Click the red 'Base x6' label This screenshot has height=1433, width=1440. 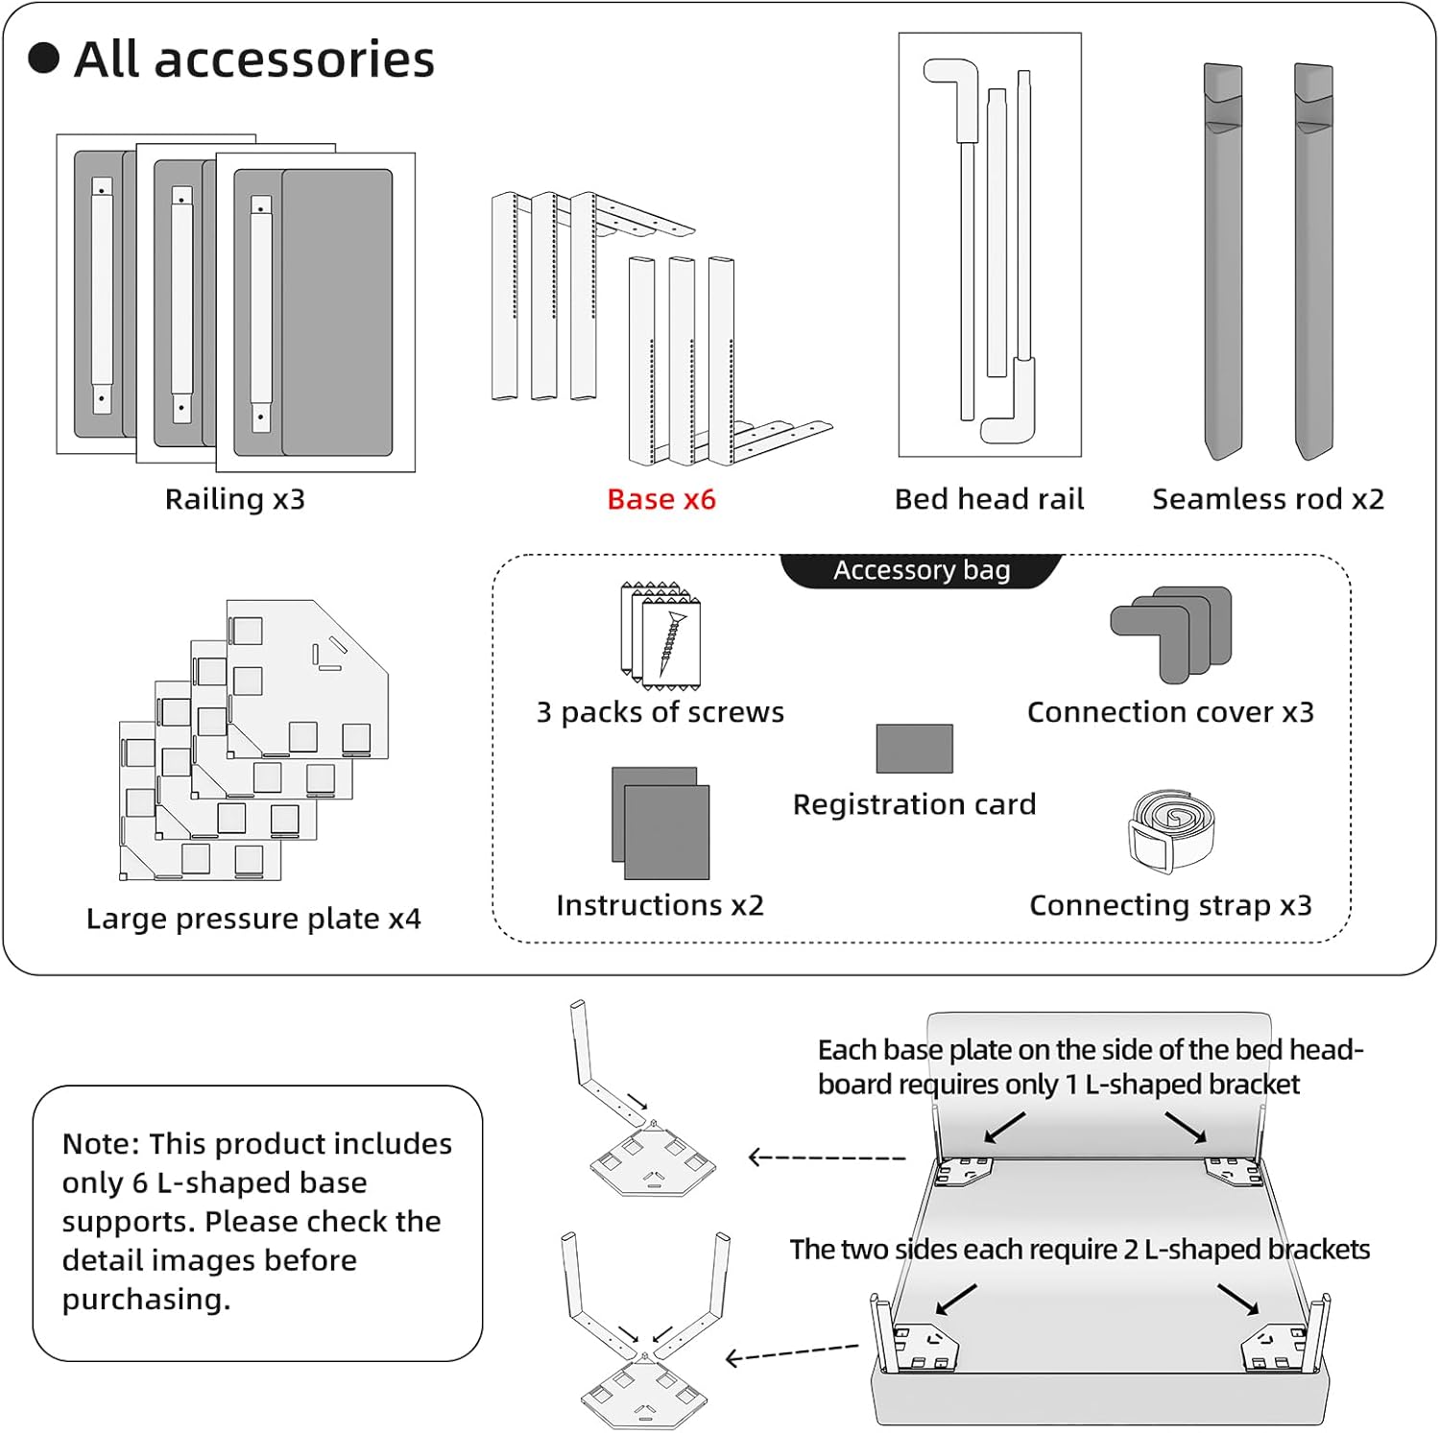click(x=661, y=499)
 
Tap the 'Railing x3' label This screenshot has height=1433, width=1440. click(x=235, y=499)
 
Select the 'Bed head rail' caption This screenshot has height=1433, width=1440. click(x=989, y=499)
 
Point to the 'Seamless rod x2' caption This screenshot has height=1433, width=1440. click(x=1268, y=499)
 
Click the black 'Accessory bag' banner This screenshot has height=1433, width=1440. click(x=922, y=570)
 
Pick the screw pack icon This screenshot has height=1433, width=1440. click(x=662, y=635)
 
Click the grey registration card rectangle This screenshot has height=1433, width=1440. click(x=914, y=749)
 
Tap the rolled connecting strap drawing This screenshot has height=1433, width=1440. click(x=1170, y=831)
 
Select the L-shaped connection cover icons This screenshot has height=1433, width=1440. click(x=1171, y=633)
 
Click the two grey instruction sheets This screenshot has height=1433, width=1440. click(x=660, y=824)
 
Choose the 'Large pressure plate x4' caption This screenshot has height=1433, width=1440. click(x=253, y=919)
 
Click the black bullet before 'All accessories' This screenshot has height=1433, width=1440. click(x=44, y=59)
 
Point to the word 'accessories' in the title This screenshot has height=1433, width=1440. click(x=294, y=60)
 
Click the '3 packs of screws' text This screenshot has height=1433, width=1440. click(x=660, y=712)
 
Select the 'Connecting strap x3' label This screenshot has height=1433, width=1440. click(x=1170, y=905)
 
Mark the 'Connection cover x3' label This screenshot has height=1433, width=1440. click(x=1170, y=712)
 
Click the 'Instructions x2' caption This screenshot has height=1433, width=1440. click(x=660, y=905)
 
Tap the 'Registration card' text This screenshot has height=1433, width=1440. click(x=914, y=804)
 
